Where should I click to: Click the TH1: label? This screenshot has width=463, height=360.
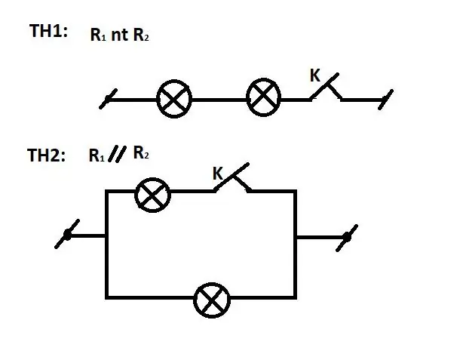tap(48, 31)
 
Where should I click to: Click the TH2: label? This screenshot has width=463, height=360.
tap(46, 155)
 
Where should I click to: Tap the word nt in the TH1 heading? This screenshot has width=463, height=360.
tap(119, 35)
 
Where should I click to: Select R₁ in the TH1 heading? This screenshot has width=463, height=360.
tap(98, 35)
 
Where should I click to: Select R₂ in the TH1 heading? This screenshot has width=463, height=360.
tap(141, 35)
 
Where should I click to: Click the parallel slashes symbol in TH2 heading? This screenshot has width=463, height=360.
tap(117, 154)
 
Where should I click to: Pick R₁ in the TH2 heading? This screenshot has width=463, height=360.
tap(97, 155)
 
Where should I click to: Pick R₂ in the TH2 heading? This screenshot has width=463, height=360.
tap(141, 152)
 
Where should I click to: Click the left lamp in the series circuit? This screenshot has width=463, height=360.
tap(174, 99)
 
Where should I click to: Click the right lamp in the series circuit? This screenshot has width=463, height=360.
tap(263, 97)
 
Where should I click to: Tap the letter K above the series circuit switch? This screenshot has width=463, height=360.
tap(314, 75)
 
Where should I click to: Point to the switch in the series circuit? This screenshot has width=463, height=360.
tap(326, 87)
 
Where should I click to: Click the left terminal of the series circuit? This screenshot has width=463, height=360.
tap(108, 99)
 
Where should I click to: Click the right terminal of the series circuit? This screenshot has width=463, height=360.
tap(385, 100)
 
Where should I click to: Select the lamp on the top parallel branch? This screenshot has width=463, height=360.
tap(152, 195)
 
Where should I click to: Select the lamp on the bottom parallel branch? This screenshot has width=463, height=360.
tap(212, 300)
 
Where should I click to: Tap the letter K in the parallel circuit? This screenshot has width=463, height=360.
tap(218, 174)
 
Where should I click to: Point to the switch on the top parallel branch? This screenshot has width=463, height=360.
tap(232, 178)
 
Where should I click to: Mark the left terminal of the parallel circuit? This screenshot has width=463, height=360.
tap(67, 234)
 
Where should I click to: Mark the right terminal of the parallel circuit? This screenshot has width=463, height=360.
tap(347, 238)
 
